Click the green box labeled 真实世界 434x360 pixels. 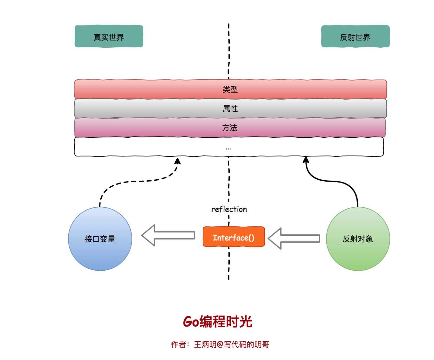(x=109, y=36)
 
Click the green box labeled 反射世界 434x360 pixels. (x=355, y=36)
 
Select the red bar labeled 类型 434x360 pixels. (x=230, y=89)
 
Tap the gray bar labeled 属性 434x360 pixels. (x=230, y=108)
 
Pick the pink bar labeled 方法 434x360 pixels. (x=230, y=128)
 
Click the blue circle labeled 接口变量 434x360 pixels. (x=100, y=239)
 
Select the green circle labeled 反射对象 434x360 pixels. (x=358, y=239)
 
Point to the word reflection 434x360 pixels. (x=229, y=209)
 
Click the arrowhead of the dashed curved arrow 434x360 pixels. (x=178, y=161)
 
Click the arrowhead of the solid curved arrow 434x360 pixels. (x=306, y=159)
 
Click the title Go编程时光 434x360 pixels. (x=217, y=322)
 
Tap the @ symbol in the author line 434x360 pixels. (x=220, y=344)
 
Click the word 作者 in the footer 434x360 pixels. (x=178, y=344)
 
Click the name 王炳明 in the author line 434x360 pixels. (x=205, y=344)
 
